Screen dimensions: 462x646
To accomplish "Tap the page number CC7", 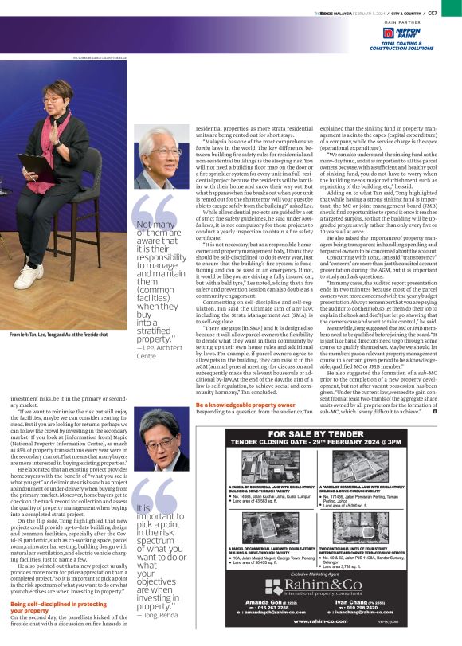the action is coord(454,13).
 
